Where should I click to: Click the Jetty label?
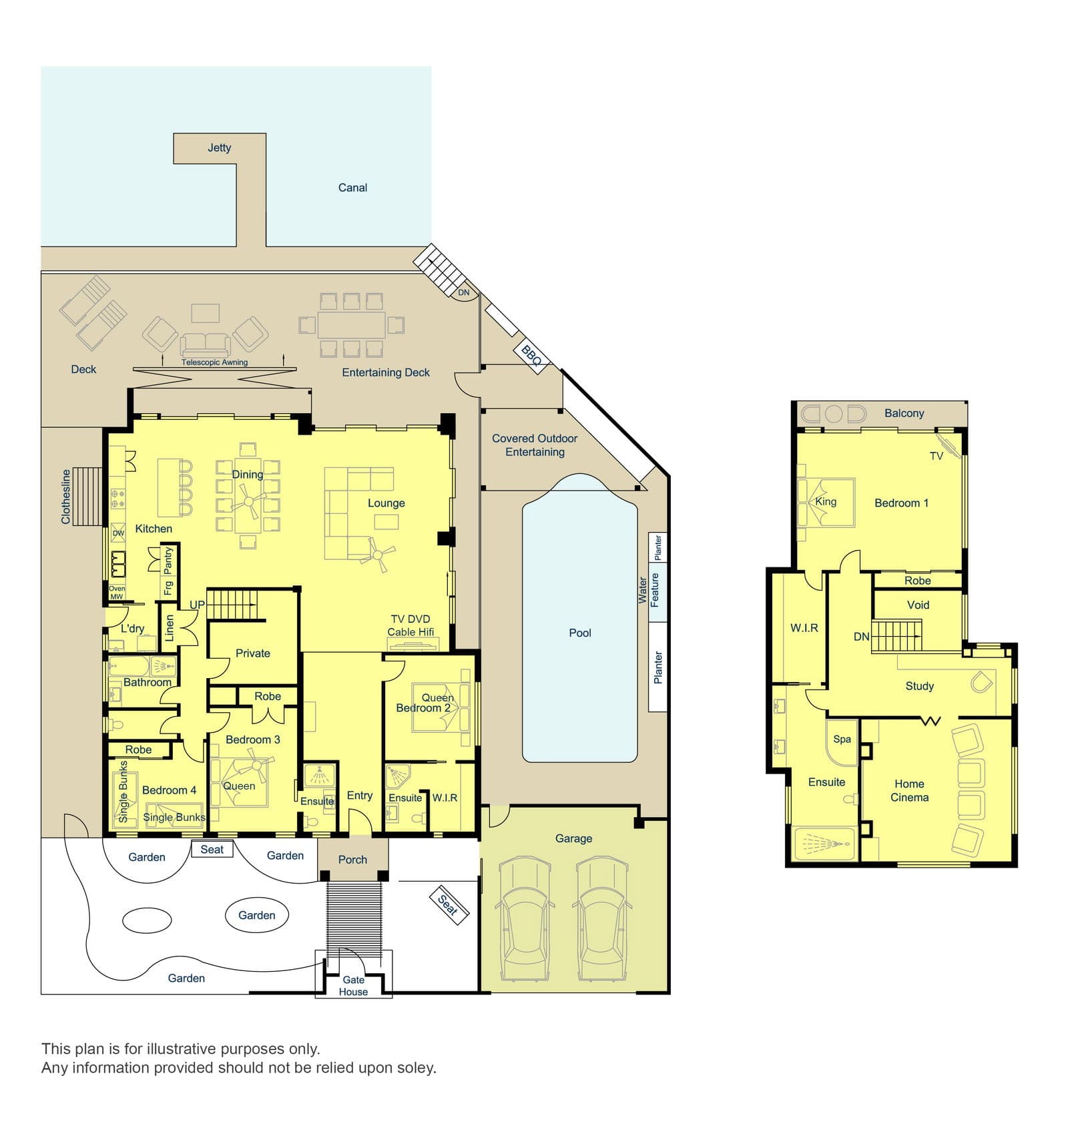coord(219,148)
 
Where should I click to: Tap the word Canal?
coord(352,188)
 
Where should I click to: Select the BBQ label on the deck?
coord(531,355)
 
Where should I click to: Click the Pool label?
coord(580,633)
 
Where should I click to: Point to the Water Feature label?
coord(649,590)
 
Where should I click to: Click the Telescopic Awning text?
coord(214,362)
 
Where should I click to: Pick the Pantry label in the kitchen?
coord(168,561)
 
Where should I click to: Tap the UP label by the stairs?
coord(197,605)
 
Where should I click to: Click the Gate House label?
coord(353,986)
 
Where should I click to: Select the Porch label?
coord(352,860)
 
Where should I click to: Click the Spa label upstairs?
coord(842,740)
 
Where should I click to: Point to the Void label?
coord(918,605)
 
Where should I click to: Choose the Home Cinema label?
coord(909,790)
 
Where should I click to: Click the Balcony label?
coord(904,413)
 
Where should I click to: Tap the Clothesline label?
coord(65,497)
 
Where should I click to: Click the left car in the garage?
coord(525,919)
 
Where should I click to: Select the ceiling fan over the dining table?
coord(249,501)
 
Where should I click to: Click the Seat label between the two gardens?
coord(212,849)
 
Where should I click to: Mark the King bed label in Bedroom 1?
coord(826,502)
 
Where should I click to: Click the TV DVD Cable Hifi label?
coord(411,625)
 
